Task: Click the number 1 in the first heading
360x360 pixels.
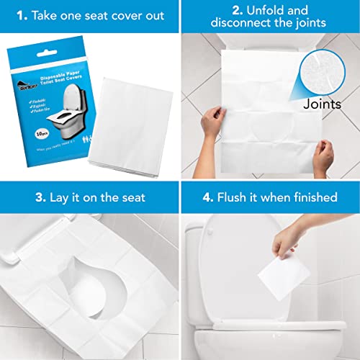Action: [x=22, y=16]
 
